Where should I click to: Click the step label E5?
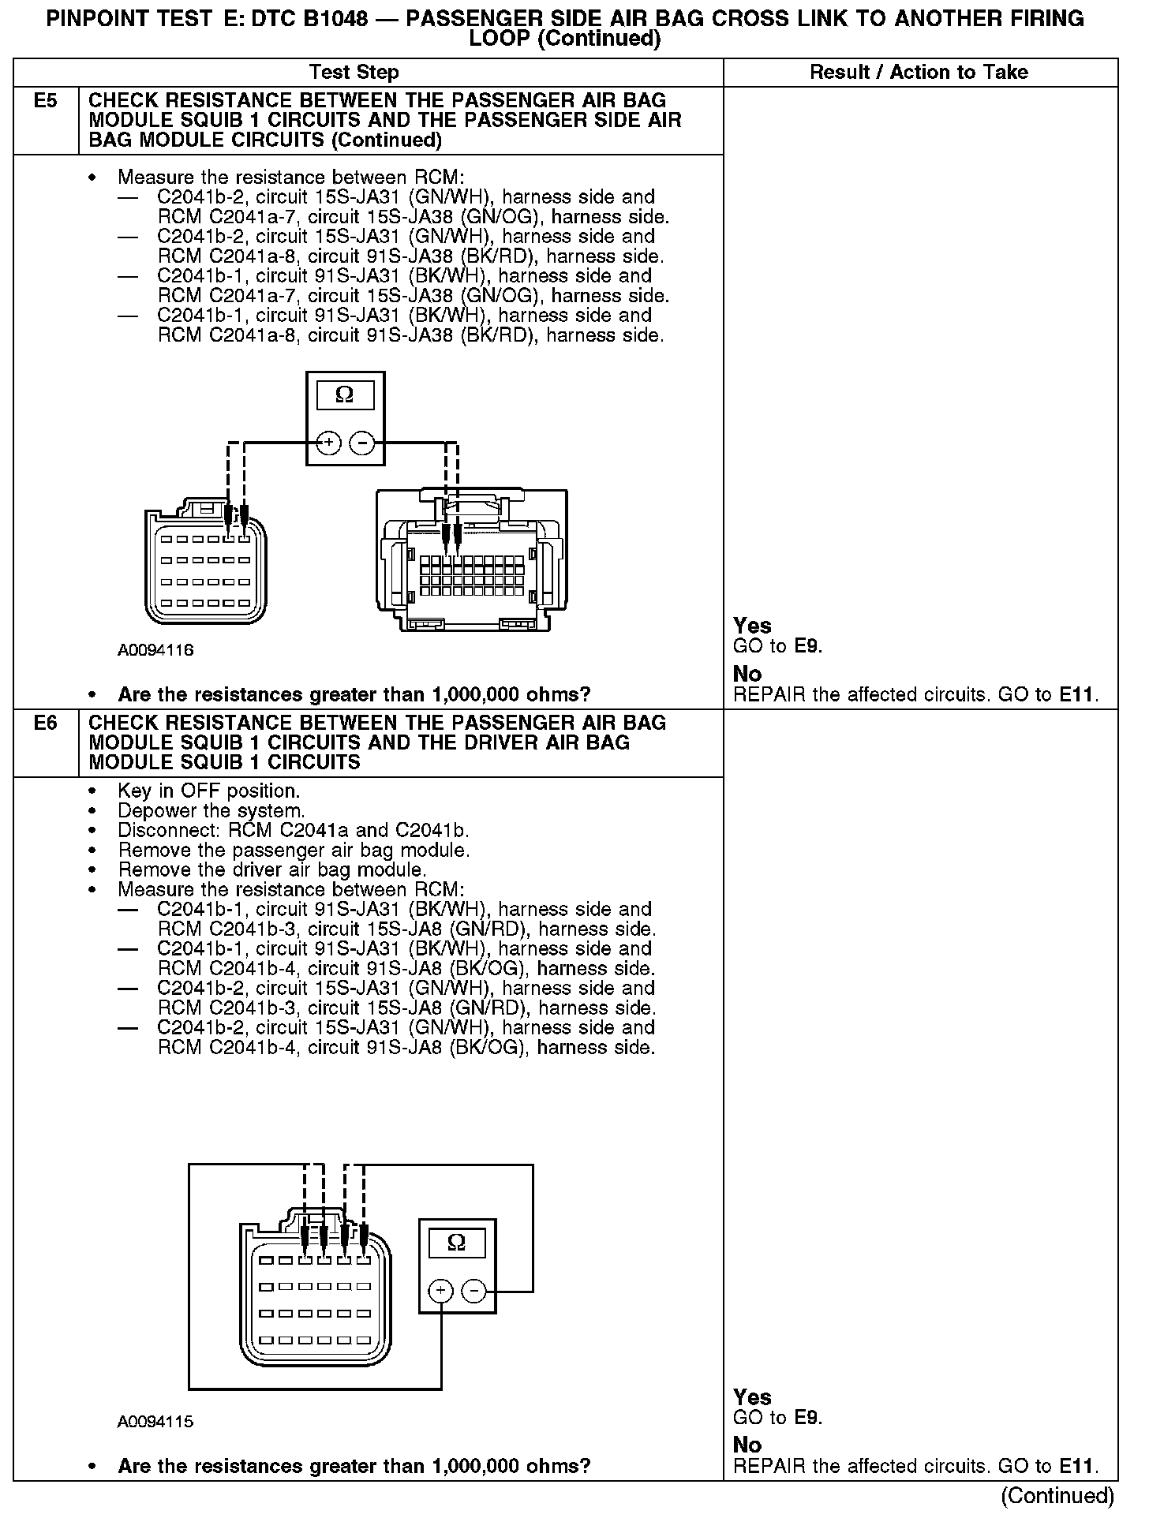pos(46,101)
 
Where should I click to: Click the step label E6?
pos(46,723)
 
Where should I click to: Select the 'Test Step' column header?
pos(354,73)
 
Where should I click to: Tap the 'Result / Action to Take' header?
pos(919,73)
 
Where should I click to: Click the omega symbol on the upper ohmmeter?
pos(345,395)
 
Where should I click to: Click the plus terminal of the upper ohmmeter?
pos(329,443)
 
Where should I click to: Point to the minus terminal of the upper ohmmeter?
pos(361,443)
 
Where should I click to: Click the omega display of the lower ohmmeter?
pos(456,1243)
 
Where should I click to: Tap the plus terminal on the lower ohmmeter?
pos(440,1292)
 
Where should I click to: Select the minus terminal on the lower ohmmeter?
pos(473,1292)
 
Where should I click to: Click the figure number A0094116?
pos(155,650)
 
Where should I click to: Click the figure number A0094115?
pos(155,1422)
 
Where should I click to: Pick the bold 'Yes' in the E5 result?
pos(752,626)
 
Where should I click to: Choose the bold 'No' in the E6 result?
pos(747,1445)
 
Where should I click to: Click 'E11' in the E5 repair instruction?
pos(1076,695)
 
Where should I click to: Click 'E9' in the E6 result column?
pos(807,1417)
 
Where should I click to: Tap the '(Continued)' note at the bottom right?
pos(1057,1496)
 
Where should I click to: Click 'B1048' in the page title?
pos(328,19)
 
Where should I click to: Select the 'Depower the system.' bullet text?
pos(211,810)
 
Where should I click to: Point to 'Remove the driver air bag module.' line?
pos(271,869)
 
